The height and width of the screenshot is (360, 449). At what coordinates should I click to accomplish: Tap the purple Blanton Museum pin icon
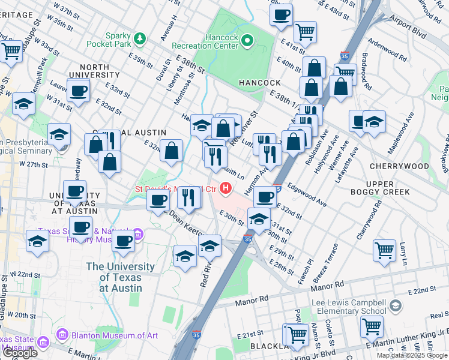(61, 334)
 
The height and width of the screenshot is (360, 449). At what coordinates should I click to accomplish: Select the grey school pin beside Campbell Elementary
(395, 307)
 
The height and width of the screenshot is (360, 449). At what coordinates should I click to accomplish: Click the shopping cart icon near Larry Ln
(384, 250)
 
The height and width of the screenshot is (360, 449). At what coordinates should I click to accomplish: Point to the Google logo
(19, 353)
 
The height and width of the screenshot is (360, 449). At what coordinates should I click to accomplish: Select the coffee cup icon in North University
(79, 91)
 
